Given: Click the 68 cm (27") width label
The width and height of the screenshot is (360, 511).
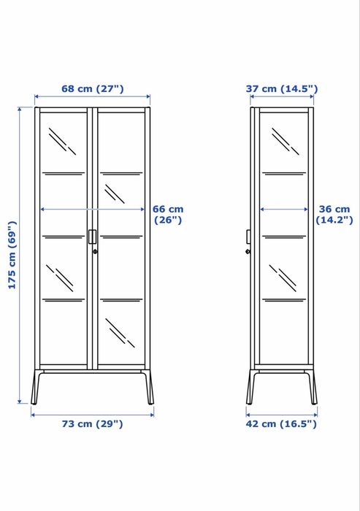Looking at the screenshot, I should (92, 89).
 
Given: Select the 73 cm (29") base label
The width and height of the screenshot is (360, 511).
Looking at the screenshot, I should (92, 423).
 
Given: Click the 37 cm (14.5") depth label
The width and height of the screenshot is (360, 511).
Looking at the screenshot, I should (281, 89).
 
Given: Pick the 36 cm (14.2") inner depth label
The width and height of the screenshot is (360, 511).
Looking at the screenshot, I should (333, 214).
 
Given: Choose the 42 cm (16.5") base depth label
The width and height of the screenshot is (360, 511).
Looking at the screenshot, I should (282, 423).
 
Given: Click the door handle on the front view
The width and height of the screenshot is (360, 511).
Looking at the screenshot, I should (93, 237).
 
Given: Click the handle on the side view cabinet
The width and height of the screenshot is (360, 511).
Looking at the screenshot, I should (248, 237).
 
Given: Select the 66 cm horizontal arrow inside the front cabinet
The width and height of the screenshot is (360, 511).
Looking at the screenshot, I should (93, 209).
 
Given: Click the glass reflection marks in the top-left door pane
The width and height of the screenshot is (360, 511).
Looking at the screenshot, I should (63, 141).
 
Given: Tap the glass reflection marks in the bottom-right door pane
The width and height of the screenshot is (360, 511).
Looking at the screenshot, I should (121, 332).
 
